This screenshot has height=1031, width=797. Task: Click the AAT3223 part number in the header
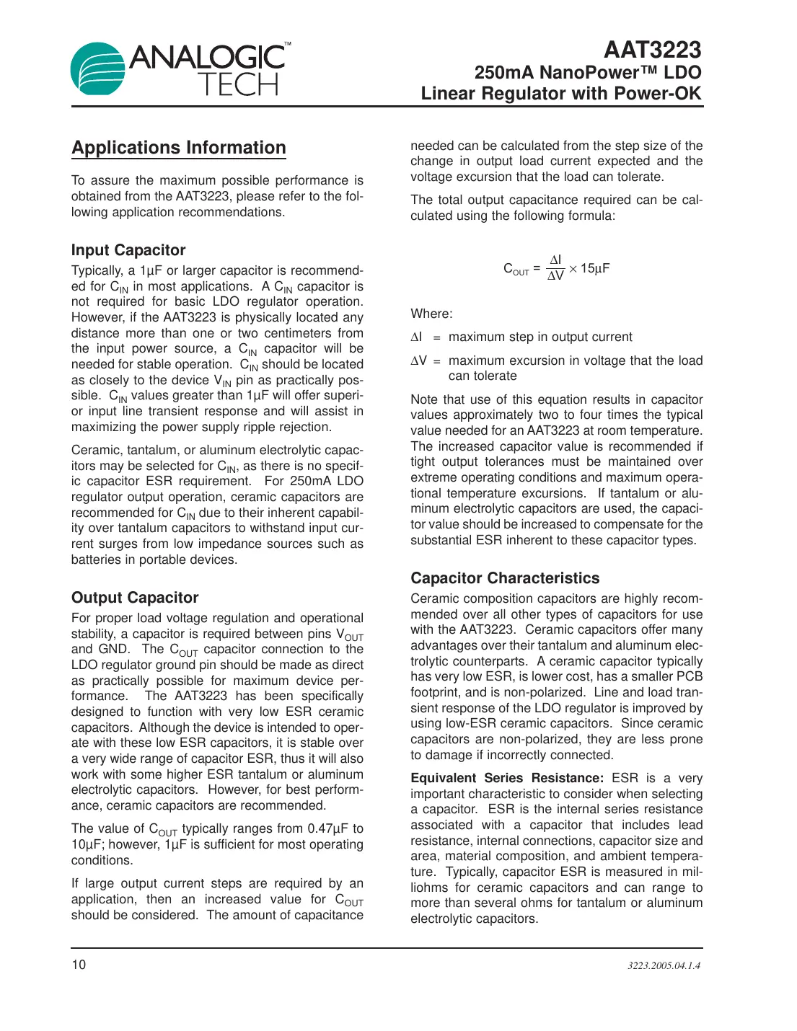tap(652, 50)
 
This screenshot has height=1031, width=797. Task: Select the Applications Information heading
tap(179, 148)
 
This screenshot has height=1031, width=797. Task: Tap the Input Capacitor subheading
tap(128, 250)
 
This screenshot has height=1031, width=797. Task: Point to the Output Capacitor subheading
tap(135, 598)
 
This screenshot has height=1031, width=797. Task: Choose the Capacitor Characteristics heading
tap(505, 578)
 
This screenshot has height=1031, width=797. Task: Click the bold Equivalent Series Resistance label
tap(507, 778)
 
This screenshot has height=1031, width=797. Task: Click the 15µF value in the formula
tap(595, 268)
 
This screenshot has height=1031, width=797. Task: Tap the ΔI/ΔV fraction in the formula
tap(555, 268)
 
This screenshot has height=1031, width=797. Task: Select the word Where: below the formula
tap(432, 314)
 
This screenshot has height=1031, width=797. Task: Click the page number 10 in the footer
tap(79, 965)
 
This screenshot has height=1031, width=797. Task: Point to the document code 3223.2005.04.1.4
tap(664, 965)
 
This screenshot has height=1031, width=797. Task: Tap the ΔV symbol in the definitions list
tap(418, 360)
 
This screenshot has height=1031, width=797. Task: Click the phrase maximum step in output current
tap(540, 337)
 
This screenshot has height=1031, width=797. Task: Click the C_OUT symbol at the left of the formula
tap(516, 269)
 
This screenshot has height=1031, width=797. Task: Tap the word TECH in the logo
tap(238, 85)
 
